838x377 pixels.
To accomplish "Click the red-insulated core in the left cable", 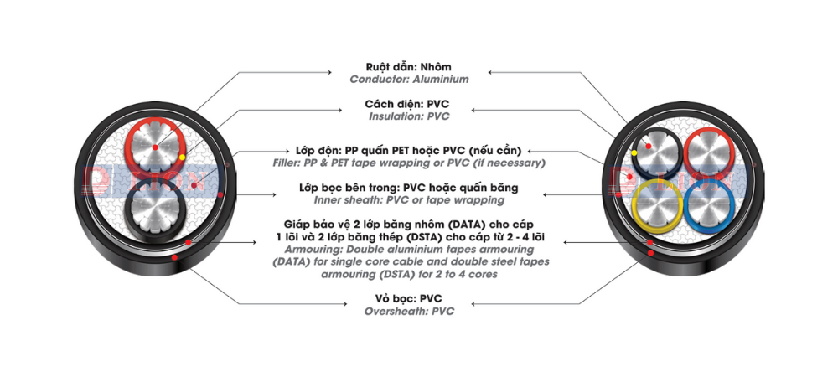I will click(x=156, y=151).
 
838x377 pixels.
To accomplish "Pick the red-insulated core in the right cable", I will click(x=708, y=155).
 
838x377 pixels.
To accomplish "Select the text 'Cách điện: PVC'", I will click(x=406, y=104).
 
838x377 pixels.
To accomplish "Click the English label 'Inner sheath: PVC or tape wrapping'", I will click(x=409, y=200).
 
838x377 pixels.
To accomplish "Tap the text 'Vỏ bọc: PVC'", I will click(x=408, y=298).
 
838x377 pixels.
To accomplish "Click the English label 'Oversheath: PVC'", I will click(x=409, y=311).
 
